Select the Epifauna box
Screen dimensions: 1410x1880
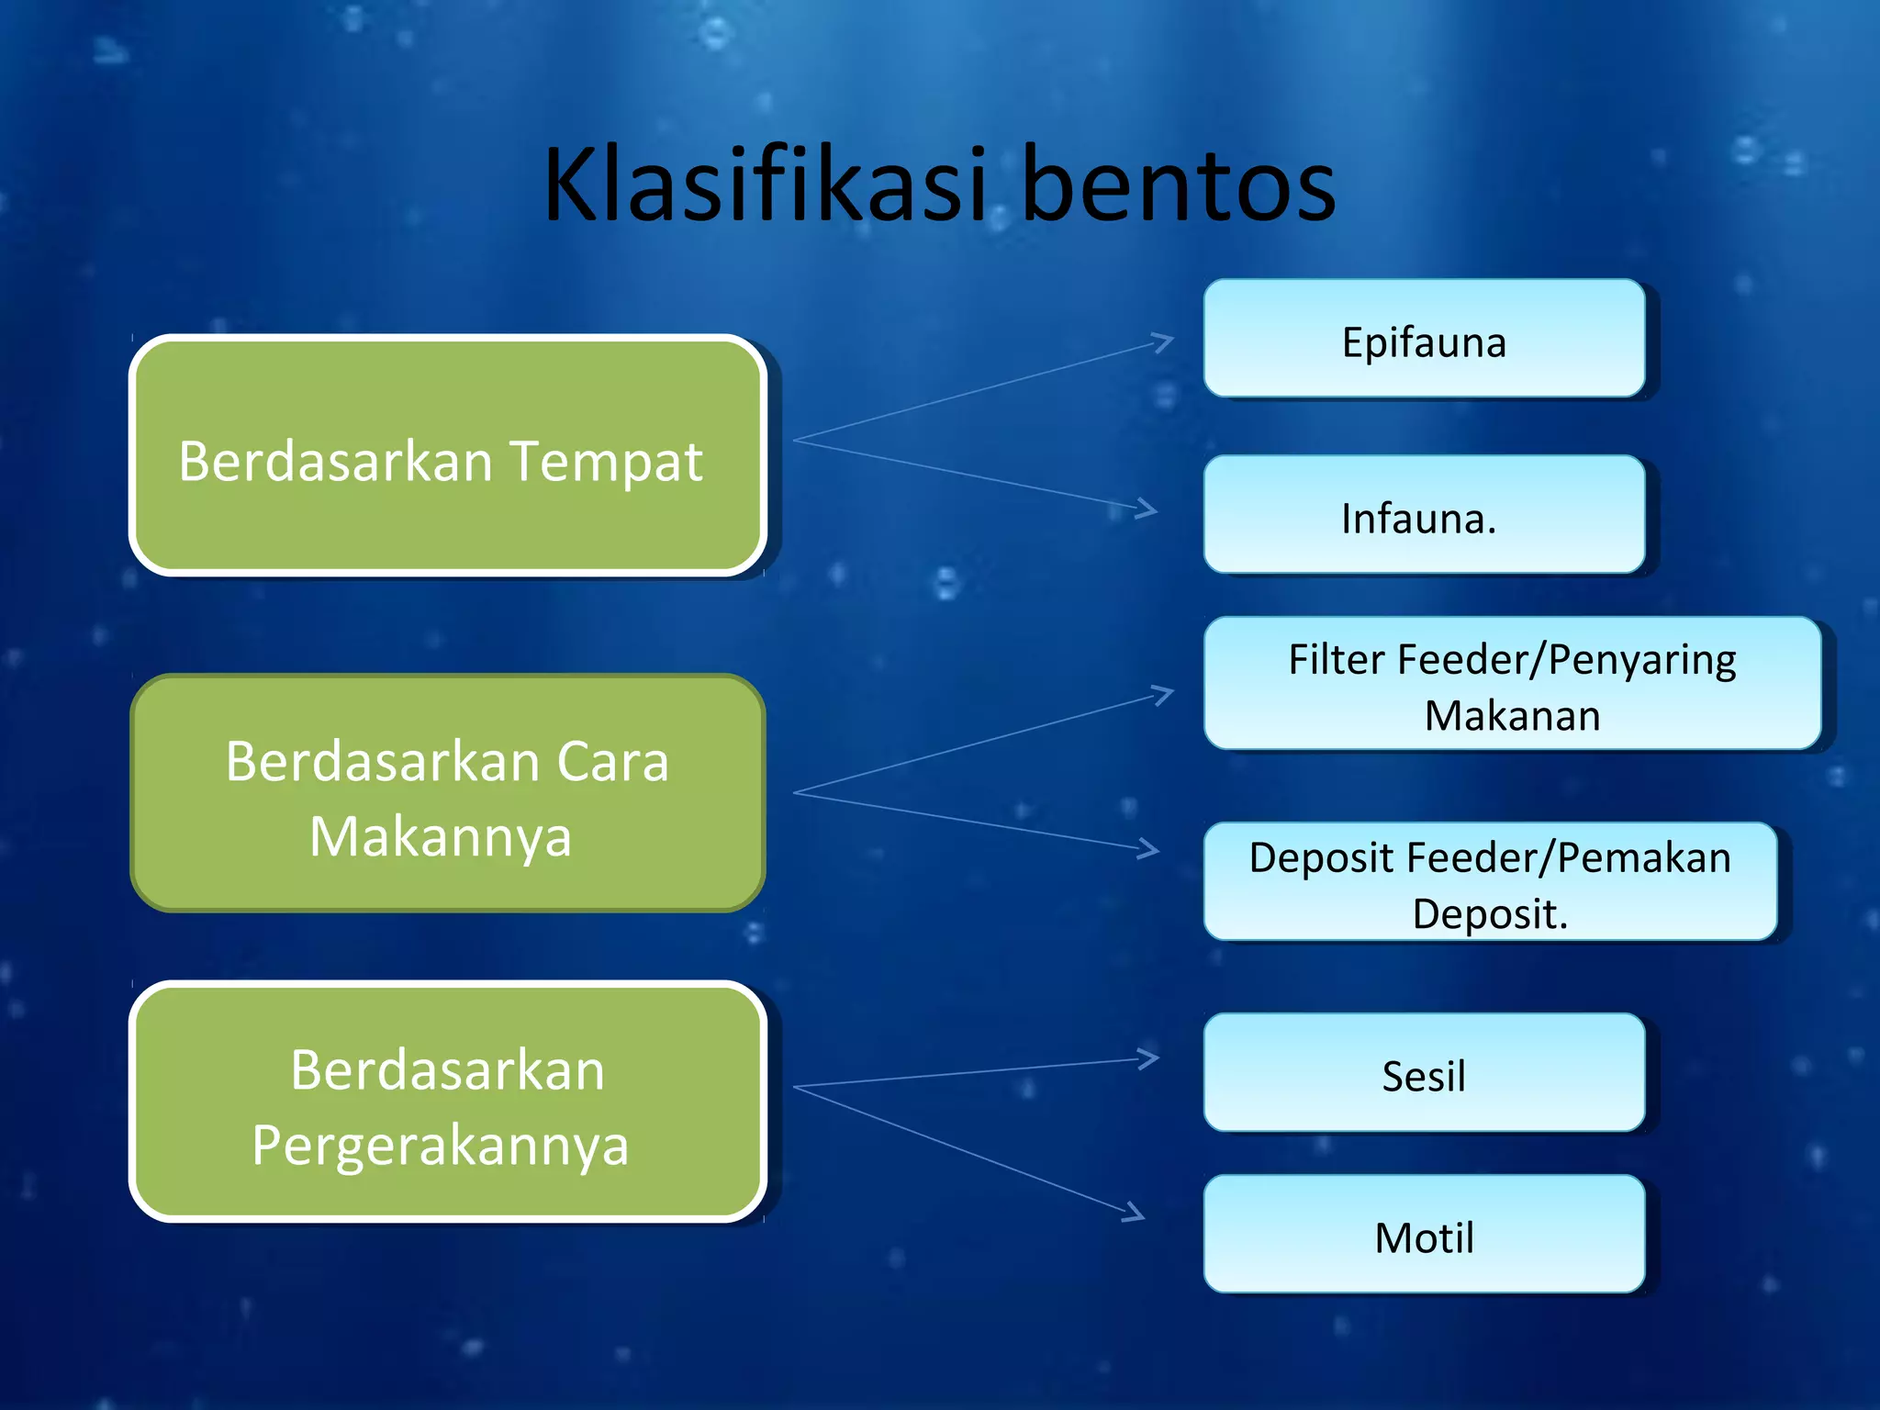pyautogui.click(x=1424, y=340)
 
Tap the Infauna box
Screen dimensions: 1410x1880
pyautogui.click(x=1424, y=516)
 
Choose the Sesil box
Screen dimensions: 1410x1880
pyautogui.click(x=1424, y=1074)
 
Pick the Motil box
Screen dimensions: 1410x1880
pyautogui.click(x=1424, y=1236)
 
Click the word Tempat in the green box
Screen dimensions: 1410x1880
pyautogui.click(x=606, y=462)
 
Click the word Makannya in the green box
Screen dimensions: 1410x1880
pyautogui.click(x=441, y=836)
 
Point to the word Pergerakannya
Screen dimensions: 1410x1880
pyautogui.click(x=441, y=1146)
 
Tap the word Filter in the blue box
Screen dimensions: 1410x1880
pyautogui.click(x=1336, y=659)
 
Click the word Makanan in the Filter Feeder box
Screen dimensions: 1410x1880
pyautogui.click(x=1512, y=716)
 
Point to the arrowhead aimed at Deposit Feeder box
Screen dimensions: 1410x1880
pyautogui.click(x=1148, y=849)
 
